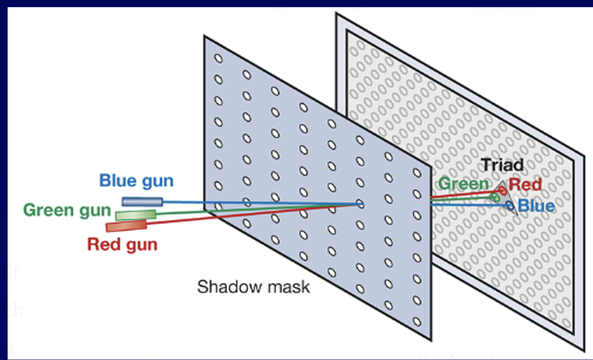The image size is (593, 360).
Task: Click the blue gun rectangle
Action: click(x=142, y=202)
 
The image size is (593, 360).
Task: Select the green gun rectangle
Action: click(x=136, y=215)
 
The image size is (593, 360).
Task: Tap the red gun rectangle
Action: click(x=126, y=226)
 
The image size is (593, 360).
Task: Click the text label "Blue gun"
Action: click(x=136, y=181)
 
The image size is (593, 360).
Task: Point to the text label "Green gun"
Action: click(x=67, y=210)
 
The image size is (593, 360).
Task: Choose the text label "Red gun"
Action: click(x=122, y=245)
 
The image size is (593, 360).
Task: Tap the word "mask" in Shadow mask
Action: click(x=286, y=287)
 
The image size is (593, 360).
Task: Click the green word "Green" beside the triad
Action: click(x=463, y=184)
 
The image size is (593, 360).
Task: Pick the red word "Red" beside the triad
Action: click(x=525, y=185)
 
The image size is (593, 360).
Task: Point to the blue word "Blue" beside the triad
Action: click(x=536, y=206)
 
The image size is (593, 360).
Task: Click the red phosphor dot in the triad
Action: click(x=501, y=190)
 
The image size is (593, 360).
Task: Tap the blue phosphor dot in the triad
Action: click(x=509, y=206)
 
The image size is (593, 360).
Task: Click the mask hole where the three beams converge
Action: click(x=360, y=204)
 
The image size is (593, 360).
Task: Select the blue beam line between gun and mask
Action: click(x=261, y=203)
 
